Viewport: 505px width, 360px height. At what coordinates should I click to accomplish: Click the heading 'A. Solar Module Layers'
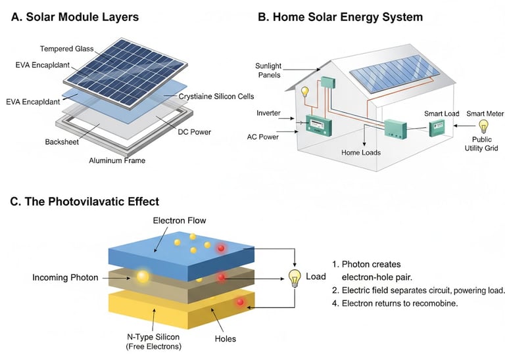[76, 17]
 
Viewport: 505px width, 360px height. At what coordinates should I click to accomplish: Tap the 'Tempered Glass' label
[66, 49]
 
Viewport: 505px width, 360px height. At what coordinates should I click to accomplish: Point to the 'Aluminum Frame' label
[116, 160]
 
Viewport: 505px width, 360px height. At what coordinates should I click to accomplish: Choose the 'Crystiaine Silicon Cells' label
[216, 97]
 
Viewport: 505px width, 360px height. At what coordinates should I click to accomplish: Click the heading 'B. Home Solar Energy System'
[340, 17]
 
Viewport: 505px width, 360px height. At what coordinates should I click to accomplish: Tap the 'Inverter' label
[268, 113]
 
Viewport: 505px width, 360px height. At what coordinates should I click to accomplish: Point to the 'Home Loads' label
[361, 152]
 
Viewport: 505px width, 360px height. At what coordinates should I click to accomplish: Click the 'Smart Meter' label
[485, 114]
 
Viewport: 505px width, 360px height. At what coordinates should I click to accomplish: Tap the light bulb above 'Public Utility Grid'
[483, 125]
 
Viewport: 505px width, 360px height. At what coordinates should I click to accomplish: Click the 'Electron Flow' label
[178, 221]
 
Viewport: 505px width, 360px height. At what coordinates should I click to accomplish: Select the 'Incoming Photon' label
[65, 278]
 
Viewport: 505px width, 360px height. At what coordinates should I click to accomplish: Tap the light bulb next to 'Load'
[295, 278]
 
